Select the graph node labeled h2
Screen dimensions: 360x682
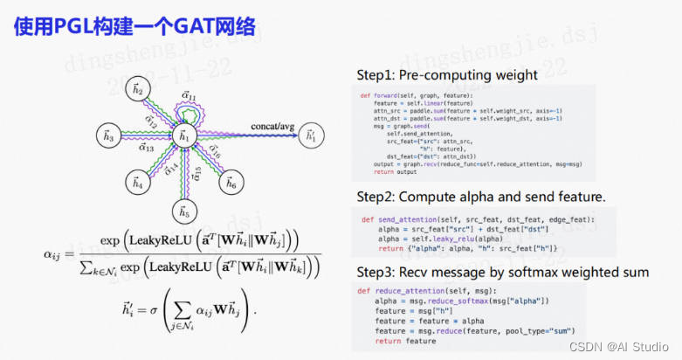click(x=138, y=87)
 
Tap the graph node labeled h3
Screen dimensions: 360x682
click(x=108, y=136)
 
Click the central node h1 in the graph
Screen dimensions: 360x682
click(x=183, y=136)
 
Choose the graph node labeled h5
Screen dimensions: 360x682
click(x=183, y=211)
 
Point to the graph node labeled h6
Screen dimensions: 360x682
click(x=231, y=184)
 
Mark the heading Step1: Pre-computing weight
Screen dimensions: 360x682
click(x=449, y=75)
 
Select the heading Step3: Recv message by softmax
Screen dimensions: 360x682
click(x=502, y=273)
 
